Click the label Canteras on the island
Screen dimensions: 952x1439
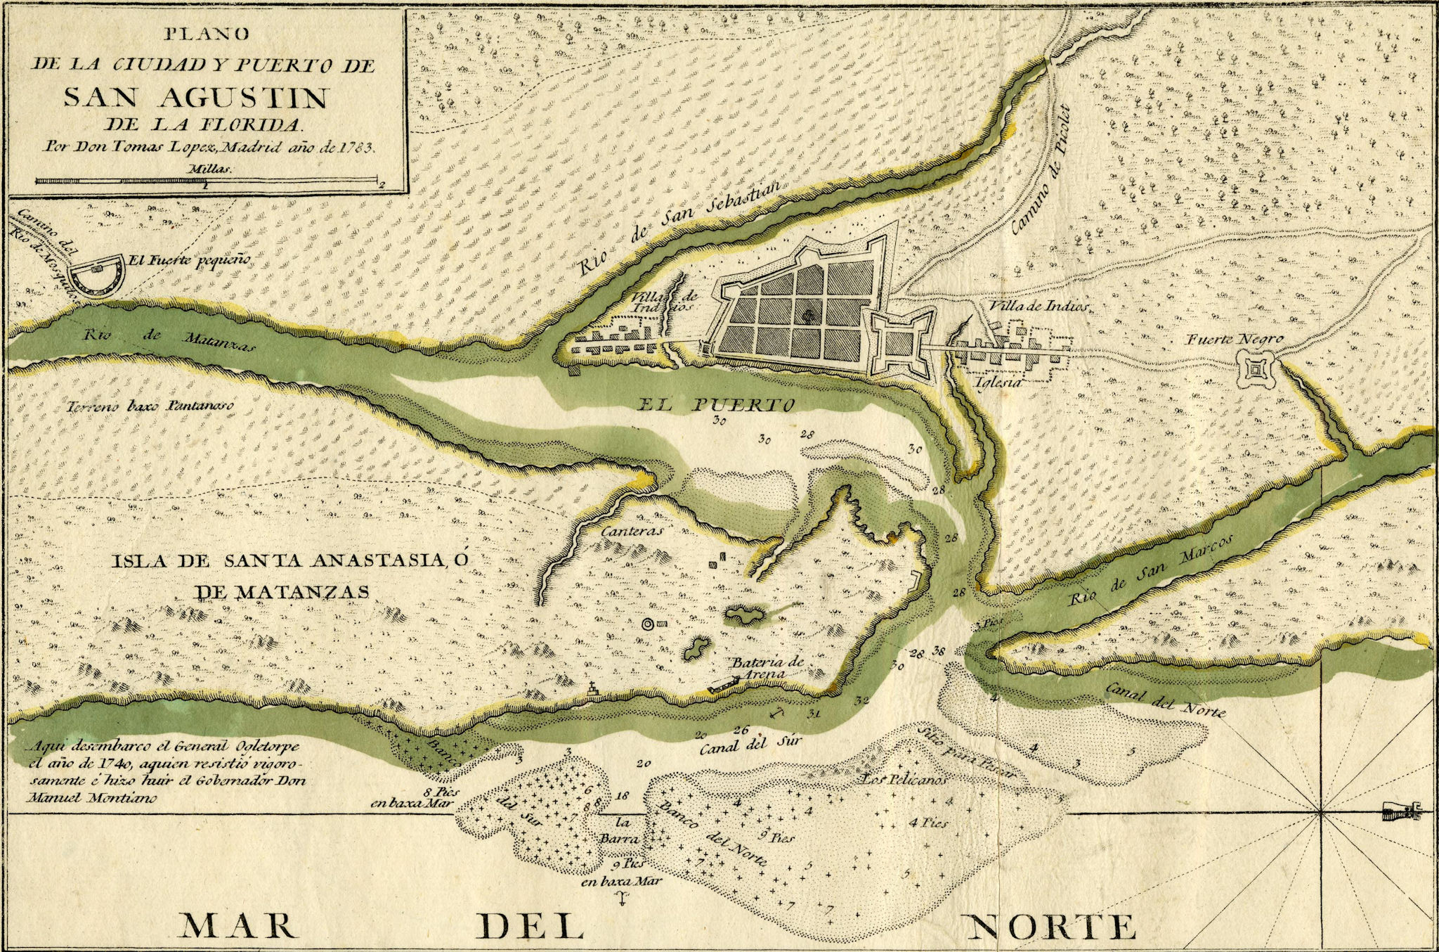pyautogui.click(x=632, y=532)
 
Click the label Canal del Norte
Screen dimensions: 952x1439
pyautogui.click(x=1165, y=700)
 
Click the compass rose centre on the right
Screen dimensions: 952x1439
pyautogui.click(x=1320, y=813)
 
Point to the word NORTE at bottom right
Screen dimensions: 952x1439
pyautogui.click(x=1052, y=927)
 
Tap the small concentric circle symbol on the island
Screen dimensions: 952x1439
pyautogui.click(x=647, y=624)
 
